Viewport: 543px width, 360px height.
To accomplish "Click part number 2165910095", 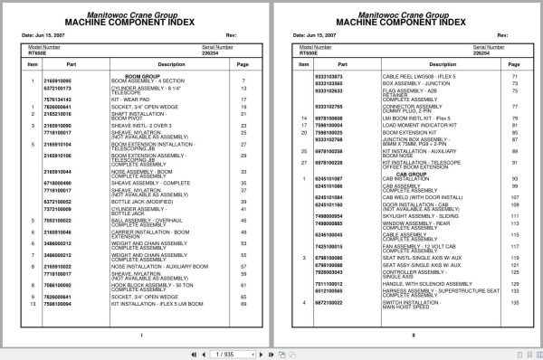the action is click(57, 81).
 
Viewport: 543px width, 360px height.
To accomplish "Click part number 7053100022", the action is click(57, 220).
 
